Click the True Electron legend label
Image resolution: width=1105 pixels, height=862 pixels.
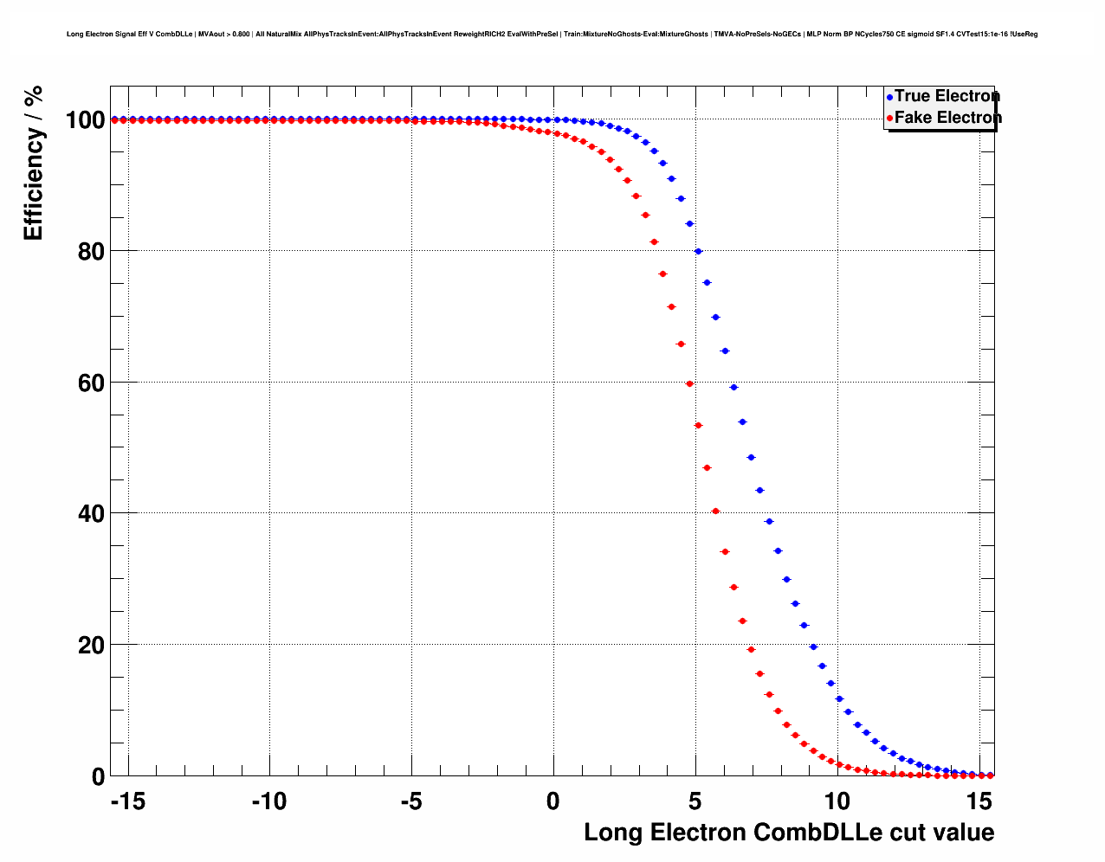[x=947, y=96]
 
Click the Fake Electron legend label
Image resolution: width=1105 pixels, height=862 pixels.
[x=947, y=118]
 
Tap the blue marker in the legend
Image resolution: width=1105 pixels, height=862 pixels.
[x=889, y=97]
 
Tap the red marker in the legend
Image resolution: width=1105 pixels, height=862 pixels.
[x=889, y=119]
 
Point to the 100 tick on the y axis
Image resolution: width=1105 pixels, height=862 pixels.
[x=86, y=120]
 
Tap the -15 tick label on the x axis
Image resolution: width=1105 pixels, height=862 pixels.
[x=127, y=801]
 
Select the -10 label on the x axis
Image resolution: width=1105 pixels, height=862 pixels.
[x=269, y=801]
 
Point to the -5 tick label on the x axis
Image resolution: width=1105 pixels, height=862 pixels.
[x=411, y=801]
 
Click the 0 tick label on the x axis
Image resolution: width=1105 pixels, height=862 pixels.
[x=553, y=801]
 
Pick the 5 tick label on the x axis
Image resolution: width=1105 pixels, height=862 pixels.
[x=695, y=801]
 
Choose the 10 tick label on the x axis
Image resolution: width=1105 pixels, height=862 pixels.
[x=837, y=801]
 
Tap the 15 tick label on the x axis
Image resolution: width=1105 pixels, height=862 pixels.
[x=979, y=801]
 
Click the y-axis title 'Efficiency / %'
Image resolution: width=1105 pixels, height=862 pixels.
[x=34, y=164]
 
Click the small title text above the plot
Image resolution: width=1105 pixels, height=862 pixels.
[x=552, y=35]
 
